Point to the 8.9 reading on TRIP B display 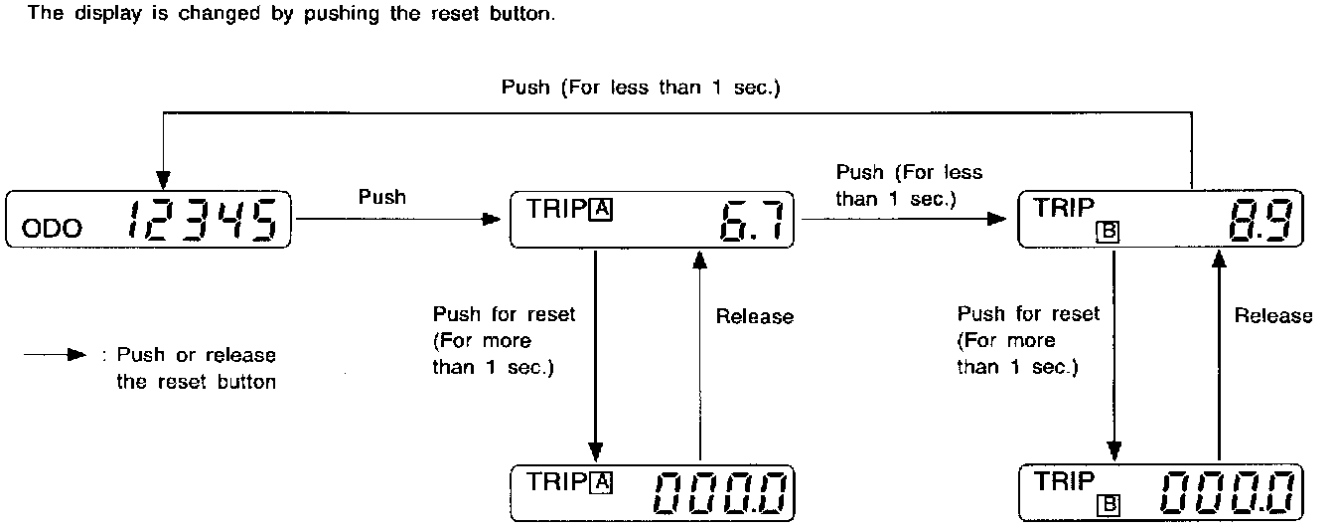point(1258,223)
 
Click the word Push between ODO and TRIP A point(382,197)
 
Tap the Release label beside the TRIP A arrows point(755,317)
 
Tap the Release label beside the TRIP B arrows point(1273,316)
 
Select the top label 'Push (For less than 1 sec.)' point(641,88)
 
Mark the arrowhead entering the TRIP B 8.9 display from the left point(998,218)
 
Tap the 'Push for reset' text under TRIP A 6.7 point(504,314)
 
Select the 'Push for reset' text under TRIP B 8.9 point(1028,314)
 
